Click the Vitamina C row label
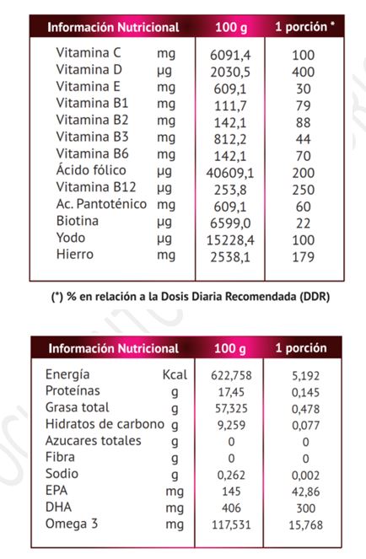89,53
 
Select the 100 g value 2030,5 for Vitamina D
230,72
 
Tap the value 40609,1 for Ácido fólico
230,173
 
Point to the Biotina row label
78,221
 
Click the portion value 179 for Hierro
304,257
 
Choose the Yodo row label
71,238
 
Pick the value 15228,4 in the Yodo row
230,240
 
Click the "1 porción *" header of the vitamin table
304,27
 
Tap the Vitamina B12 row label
96,187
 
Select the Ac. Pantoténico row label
101,204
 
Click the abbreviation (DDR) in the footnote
315,297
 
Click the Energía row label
67,374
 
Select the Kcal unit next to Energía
175,374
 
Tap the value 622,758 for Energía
231,375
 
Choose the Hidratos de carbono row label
105,424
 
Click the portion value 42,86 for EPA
306,492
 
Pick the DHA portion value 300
306,508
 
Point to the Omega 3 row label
72,524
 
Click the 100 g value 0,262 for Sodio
231,476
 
